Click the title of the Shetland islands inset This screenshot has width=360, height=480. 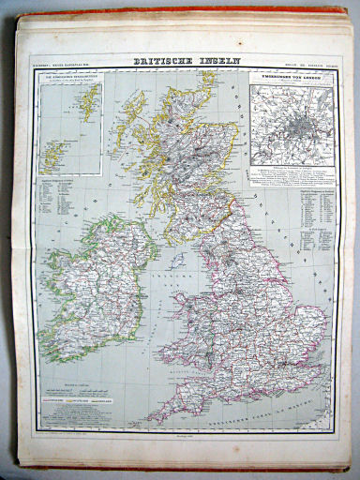pyautogui.click(x=69, y=76)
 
